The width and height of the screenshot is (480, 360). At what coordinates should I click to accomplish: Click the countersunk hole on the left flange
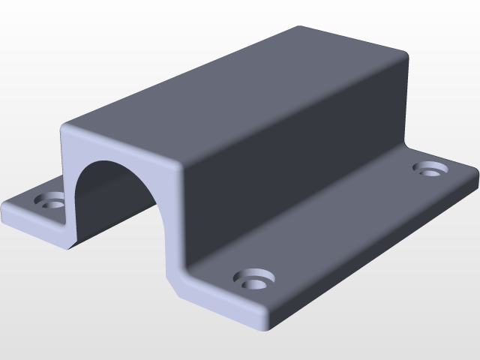coord(53,200)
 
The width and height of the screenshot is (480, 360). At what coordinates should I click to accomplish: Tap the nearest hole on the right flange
coord(253,280)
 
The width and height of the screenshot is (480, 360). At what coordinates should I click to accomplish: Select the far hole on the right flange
coord(430,169)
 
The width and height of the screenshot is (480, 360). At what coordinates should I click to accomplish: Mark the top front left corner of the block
coord(64,127)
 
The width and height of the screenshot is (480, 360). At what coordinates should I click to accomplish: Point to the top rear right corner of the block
coord(406,56)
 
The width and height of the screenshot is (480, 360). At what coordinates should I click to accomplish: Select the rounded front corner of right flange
coord(265,326)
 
